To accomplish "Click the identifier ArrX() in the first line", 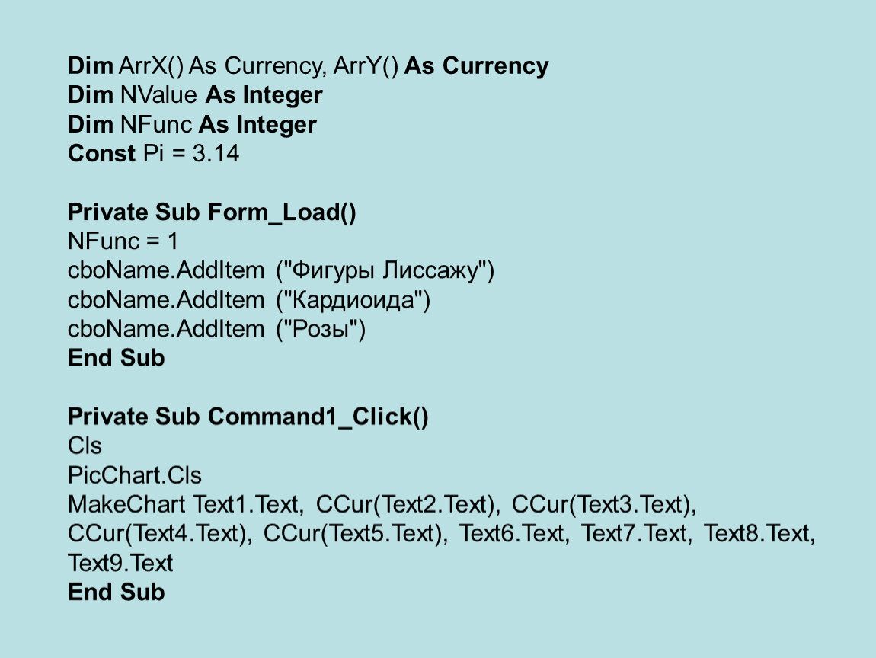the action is (151, 66).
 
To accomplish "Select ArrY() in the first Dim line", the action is (366, 66).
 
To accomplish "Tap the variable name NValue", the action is (158, 95).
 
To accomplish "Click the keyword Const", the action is (101, 153).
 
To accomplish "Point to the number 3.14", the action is (216, 153).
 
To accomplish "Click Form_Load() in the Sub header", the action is (282, 212).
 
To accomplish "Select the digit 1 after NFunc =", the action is (173, 241).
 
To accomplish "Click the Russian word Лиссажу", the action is (430, 271).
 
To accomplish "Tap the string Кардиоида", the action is (353, 300).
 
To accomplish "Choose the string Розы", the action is (321, 329).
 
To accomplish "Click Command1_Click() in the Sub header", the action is (318, 417).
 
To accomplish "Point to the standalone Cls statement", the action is (85, 446).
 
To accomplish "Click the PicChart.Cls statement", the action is (135, 475).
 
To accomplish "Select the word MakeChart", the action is (126, 504).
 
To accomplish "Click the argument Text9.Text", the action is (120, 563).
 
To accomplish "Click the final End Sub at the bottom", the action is (117, 592).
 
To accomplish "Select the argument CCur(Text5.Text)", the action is (355, 533).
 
